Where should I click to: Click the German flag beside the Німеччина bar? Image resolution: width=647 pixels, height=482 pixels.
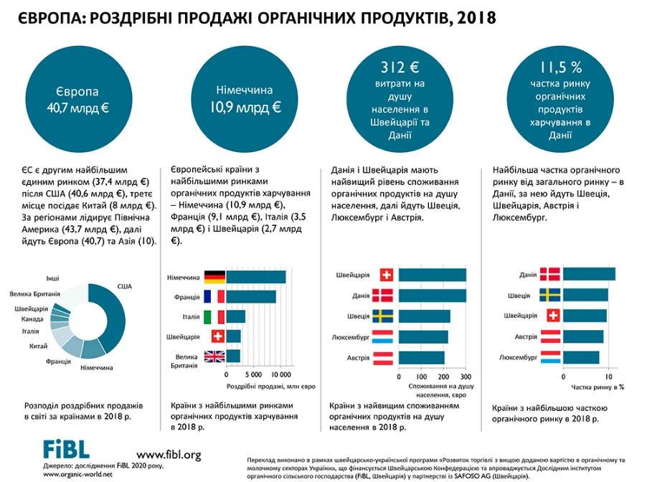[214, 277]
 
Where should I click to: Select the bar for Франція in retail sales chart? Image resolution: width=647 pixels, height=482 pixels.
[251, 297]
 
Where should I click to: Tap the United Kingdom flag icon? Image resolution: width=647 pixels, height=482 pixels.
[214, 356]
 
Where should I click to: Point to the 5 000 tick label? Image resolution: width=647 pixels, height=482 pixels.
[253, 374]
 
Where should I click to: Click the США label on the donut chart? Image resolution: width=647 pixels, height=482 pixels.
[125, 286]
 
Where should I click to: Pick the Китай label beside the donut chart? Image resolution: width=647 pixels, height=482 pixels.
[38, 346]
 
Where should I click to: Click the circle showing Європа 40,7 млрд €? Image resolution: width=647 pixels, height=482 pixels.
[79, 99]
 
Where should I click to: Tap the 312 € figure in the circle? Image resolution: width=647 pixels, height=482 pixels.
[400, 67]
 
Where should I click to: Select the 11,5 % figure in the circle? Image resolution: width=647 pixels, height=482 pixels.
[561, 67]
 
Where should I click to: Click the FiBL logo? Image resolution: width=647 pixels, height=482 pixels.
[66, 449]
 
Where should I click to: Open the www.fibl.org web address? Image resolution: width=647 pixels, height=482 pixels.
[169, 455]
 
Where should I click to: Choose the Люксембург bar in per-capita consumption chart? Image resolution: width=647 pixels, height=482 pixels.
[423, 336]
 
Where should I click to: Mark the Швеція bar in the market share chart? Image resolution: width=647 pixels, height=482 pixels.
[585, 295]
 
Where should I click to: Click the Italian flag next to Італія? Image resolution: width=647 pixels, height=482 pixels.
[214, 316]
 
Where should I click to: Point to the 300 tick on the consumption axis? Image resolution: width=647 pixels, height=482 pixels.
[466, 377]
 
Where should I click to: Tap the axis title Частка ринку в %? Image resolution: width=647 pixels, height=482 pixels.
[598, 387]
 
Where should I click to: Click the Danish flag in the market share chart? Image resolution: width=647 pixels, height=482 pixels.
[550, 274]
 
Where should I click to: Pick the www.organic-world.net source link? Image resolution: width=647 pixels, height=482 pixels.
[77, 474]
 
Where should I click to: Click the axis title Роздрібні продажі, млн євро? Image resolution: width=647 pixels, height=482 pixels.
[270, 387]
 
